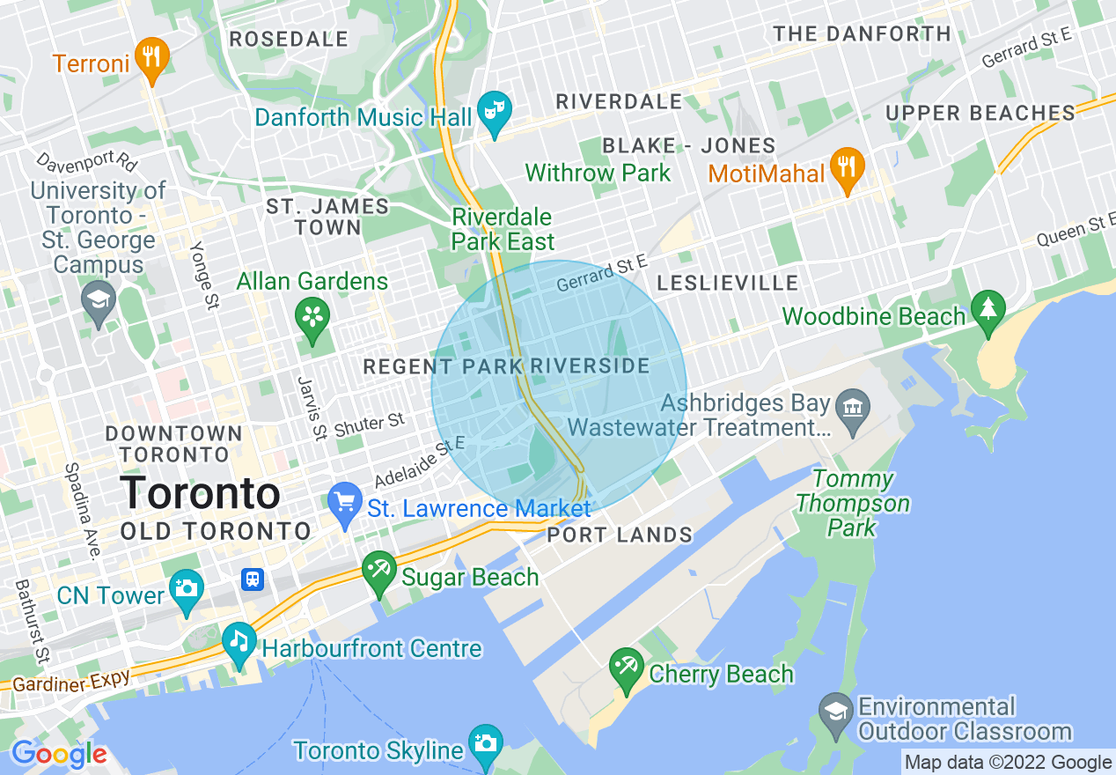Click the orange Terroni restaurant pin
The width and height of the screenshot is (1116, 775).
[x=153, y=58]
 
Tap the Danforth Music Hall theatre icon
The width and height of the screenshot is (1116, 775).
[x=494, y=111]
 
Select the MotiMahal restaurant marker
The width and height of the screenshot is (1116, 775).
[x=847, y=168]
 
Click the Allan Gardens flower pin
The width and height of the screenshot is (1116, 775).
[x=312, y=317]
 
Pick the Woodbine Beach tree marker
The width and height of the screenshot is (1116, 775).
[x=988, y=310]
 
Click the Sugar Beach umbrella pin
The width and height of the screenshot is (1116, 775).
[x=379, y=571]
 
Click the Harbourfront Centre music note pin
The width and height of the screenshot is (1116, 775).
[x=239, y=643]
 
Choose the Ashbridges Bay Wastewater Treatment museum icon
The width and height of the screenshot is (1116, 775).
[x=851, y=410]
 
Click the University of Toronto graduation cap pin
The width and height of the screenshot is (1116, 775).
[x=99, y=300]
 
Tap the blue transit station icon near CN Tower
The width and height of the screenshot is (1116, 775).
[x=253, y=579]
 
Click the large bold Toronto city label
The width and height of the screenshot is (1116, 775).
[x=201, y=493]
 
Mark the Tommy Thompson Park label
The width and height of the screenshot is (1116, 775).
[x=852, y=504]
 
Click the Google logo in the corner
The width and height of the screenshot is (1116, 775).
[x=59, y=754]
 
